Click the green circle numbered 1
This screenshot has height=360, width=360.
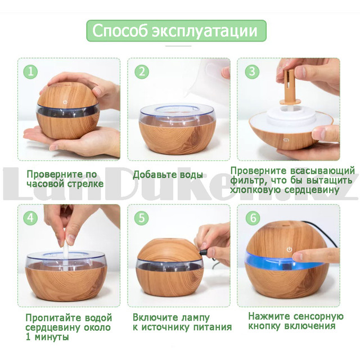coord(30,72)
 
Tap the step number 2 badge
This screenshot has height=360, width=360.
coord(142,72)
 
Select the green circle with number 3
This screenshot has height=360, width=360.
coord(252,72)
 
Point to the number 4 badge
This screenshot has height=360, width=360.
coord(30,218)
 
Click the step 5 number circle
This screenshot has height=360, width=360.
coord(142,218)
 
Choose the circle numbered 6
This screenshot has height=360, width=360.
coord(253,218)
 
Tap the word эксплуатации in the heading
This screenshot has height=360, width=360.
coord(205,31)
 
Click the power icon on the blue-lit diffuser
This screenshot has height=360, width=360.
coord(289,249)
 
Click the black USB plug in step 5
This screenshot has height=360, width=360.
coord(204,253)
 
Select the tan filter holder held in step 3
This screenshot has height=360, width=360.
coord(289,87)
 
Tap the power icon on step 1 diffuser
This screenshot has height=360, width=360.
coord(65,102)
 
